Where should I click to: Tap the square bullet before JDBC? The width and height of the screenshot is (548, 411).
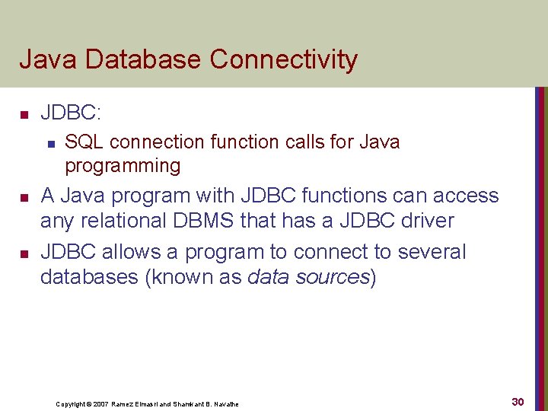click(x=24, y=115)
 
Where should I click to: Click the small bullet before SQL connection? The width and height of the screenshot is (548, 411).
click(x=50, y=142)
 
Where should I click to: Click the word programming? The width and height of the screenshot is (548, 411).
click(x=123, y=166)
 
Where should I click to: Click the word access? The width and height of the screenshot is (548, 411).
click(x=465, y=196)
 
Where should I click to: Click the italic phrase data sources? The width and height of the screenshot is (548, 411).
click(x=308, y=277)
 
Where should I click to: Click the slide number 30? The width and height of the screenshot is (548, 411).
click(x=518, y=401)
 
